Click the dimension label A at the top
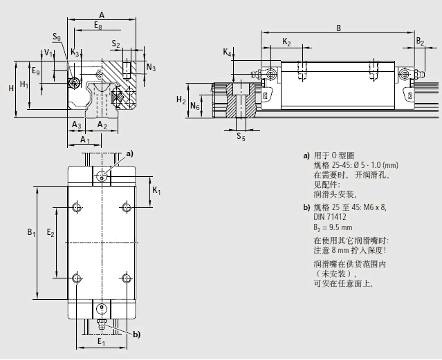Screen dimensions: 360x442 pos(102,14)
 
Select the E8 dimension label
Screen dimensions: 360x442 pos(100,26)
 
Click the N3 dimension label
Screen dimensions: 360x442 pos(151,68)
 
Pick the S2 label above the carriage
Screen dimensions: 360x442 pos(117,45)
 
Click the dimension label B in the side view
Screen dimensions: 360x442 pos(338,28)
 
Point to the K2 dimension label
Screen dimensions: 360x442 pos(286,43)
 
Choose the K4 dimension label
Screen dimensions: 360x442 pos(227,53)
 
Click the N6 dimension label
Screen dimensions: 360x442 pos(196,107)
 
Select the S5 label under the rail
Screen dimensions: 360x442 pos(240,137)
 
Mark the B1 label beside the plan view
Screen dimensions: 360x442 pos(31,234)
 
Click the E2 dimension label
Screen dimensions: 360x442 pos(50,234)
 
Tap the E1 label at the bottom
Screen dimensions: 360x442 pos(101,341)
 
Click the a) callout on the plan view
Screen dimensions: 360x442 pos(128,153)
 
